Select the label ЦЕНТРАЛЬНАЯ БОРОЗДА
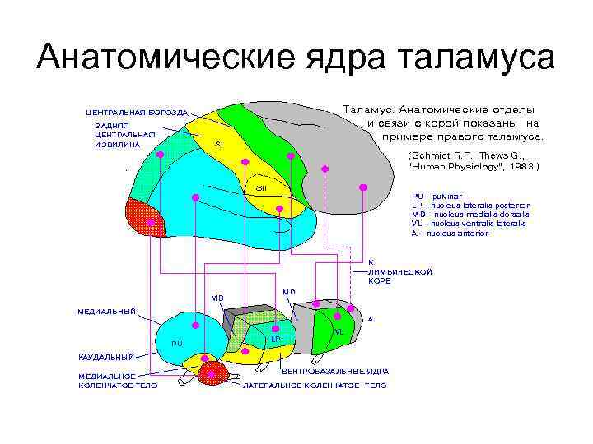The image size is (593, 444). (x=137, y=112)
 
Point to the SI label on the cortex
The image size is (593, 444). (x=218, y=144)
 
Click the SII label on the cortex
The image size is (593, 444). (x=260, y=187)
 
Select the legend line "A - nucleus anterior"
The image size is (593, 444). (x=450, y=233)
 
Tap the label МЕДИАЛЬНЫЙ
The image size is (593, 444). (x=106, y=312)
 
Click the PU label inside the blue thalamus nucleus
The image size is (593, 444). (x=176, y=342)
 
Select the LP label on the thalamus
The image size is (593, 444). (x=276, y=339)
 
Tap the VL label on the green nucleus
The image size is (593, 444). (x=338, y=331)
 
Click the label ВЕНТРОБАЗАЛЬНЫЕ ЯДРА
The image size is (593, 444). (x=335, y=372)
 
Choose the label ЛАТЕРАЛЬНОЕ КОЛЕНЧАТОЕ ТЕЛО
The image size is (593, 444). (x=315, y=384)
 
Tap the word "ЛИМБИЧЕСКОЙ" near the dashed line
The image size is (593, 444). (x=400, y=271)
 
